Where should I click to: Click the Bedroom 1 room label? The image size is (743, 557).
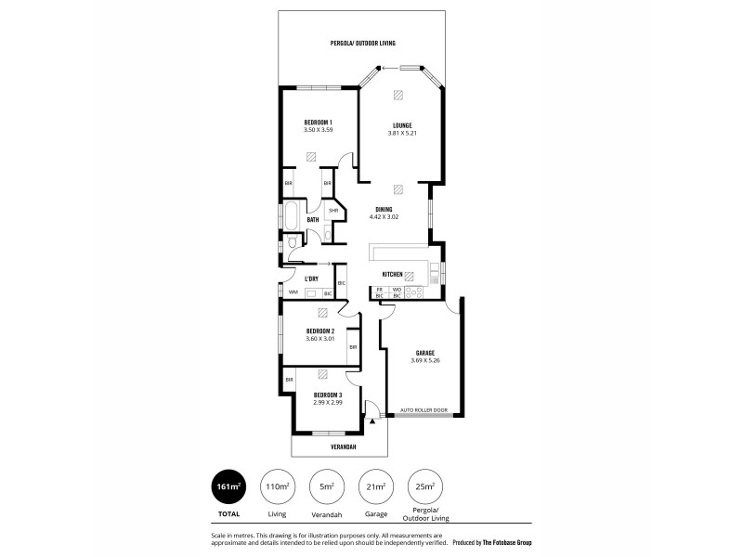[x=318, y=122]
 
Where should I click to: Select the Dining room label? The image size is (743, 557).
[x=384, y=209]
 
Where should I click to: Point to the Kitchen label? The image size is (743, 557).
[x=392, y=275]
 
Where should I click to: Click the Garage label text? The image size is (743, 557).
[x=426, y=353]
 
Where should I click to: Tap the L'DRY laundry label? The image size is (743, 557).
[x=312, y=278]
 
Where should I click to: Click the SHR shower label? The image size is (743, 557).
[x=332, y=211]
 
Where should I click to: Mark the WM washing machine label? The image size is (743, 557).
[x=293, y=292]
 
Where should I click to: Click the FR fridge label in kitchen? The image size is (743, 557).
[x=379, y=290]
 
